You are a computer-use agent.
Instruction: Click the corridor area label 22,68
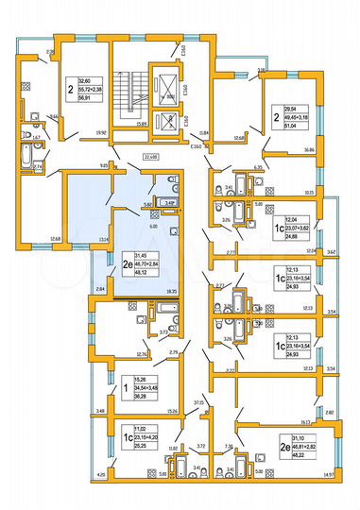pyautogui.click(x=149, y=157)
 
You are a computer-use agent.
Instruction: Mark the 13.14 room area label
pyautogui.click(x=103, y=239)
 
